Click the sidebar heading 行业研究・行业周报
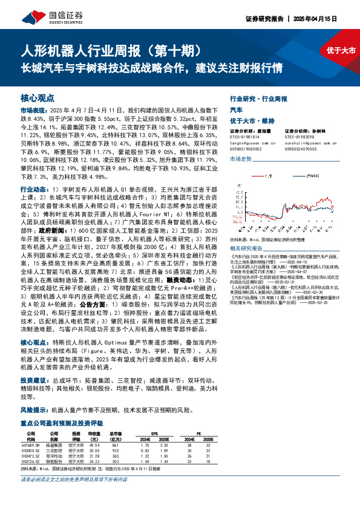(x=258, y=98)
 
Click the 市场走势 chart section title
(x=241, y=158)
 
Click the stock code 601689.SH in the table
(x=30, y=444)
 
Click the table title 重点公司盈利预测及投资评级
(x=62, y=423)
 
